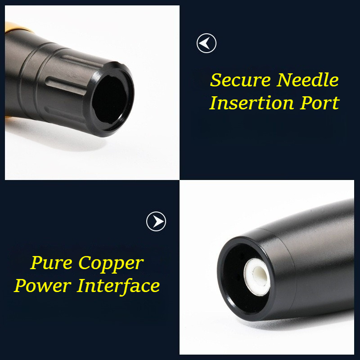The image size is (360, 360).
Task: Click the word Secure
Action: point(240,80)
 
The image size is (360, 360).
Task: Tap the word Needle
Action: point(307,80)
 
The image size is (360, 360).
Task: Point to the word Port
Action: point(319,103)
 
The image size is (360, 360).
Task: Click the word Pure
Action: point(51,263)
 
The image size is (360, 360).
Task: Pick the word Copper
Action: point(111,264)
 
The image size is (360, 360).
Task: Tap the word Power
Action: point(42,285)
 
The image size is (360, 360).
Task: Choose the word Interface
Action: point(118,286)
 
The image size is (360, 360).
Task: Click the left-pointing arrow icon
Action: point(207,43)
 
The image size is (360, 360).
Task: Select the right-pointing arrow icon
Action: point(156,221)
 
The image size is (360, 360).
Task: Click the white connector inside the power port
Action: point(257,277)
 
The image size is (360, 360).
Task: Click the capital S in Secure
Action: point(216,80)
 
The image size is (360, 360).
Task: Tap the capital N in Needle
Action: point(285,80)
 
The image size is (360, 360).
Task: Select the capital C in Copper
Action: point(84,263)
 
